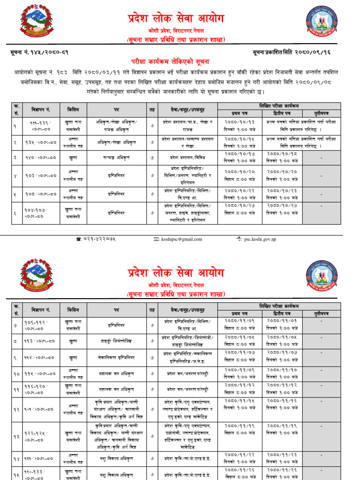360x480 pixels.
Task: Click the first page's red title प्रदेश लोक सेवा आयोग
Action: click(176, 18)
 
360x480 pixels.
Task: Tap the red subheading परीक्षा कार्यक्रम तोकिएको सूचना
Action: click(170, 62)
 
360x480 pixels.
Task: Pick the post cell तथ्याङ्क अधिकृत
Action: click(116, 158)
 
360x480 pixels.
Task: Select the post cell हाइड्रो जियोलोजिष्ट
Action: click(116, 341)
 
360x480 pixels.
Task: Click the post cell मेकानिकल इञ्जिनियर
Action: click(116, 357)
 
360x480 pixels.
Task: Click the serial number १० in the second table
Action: click(17, 374)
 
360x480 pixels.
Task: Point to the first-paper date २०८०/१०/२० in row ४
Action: click(240, 172)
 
